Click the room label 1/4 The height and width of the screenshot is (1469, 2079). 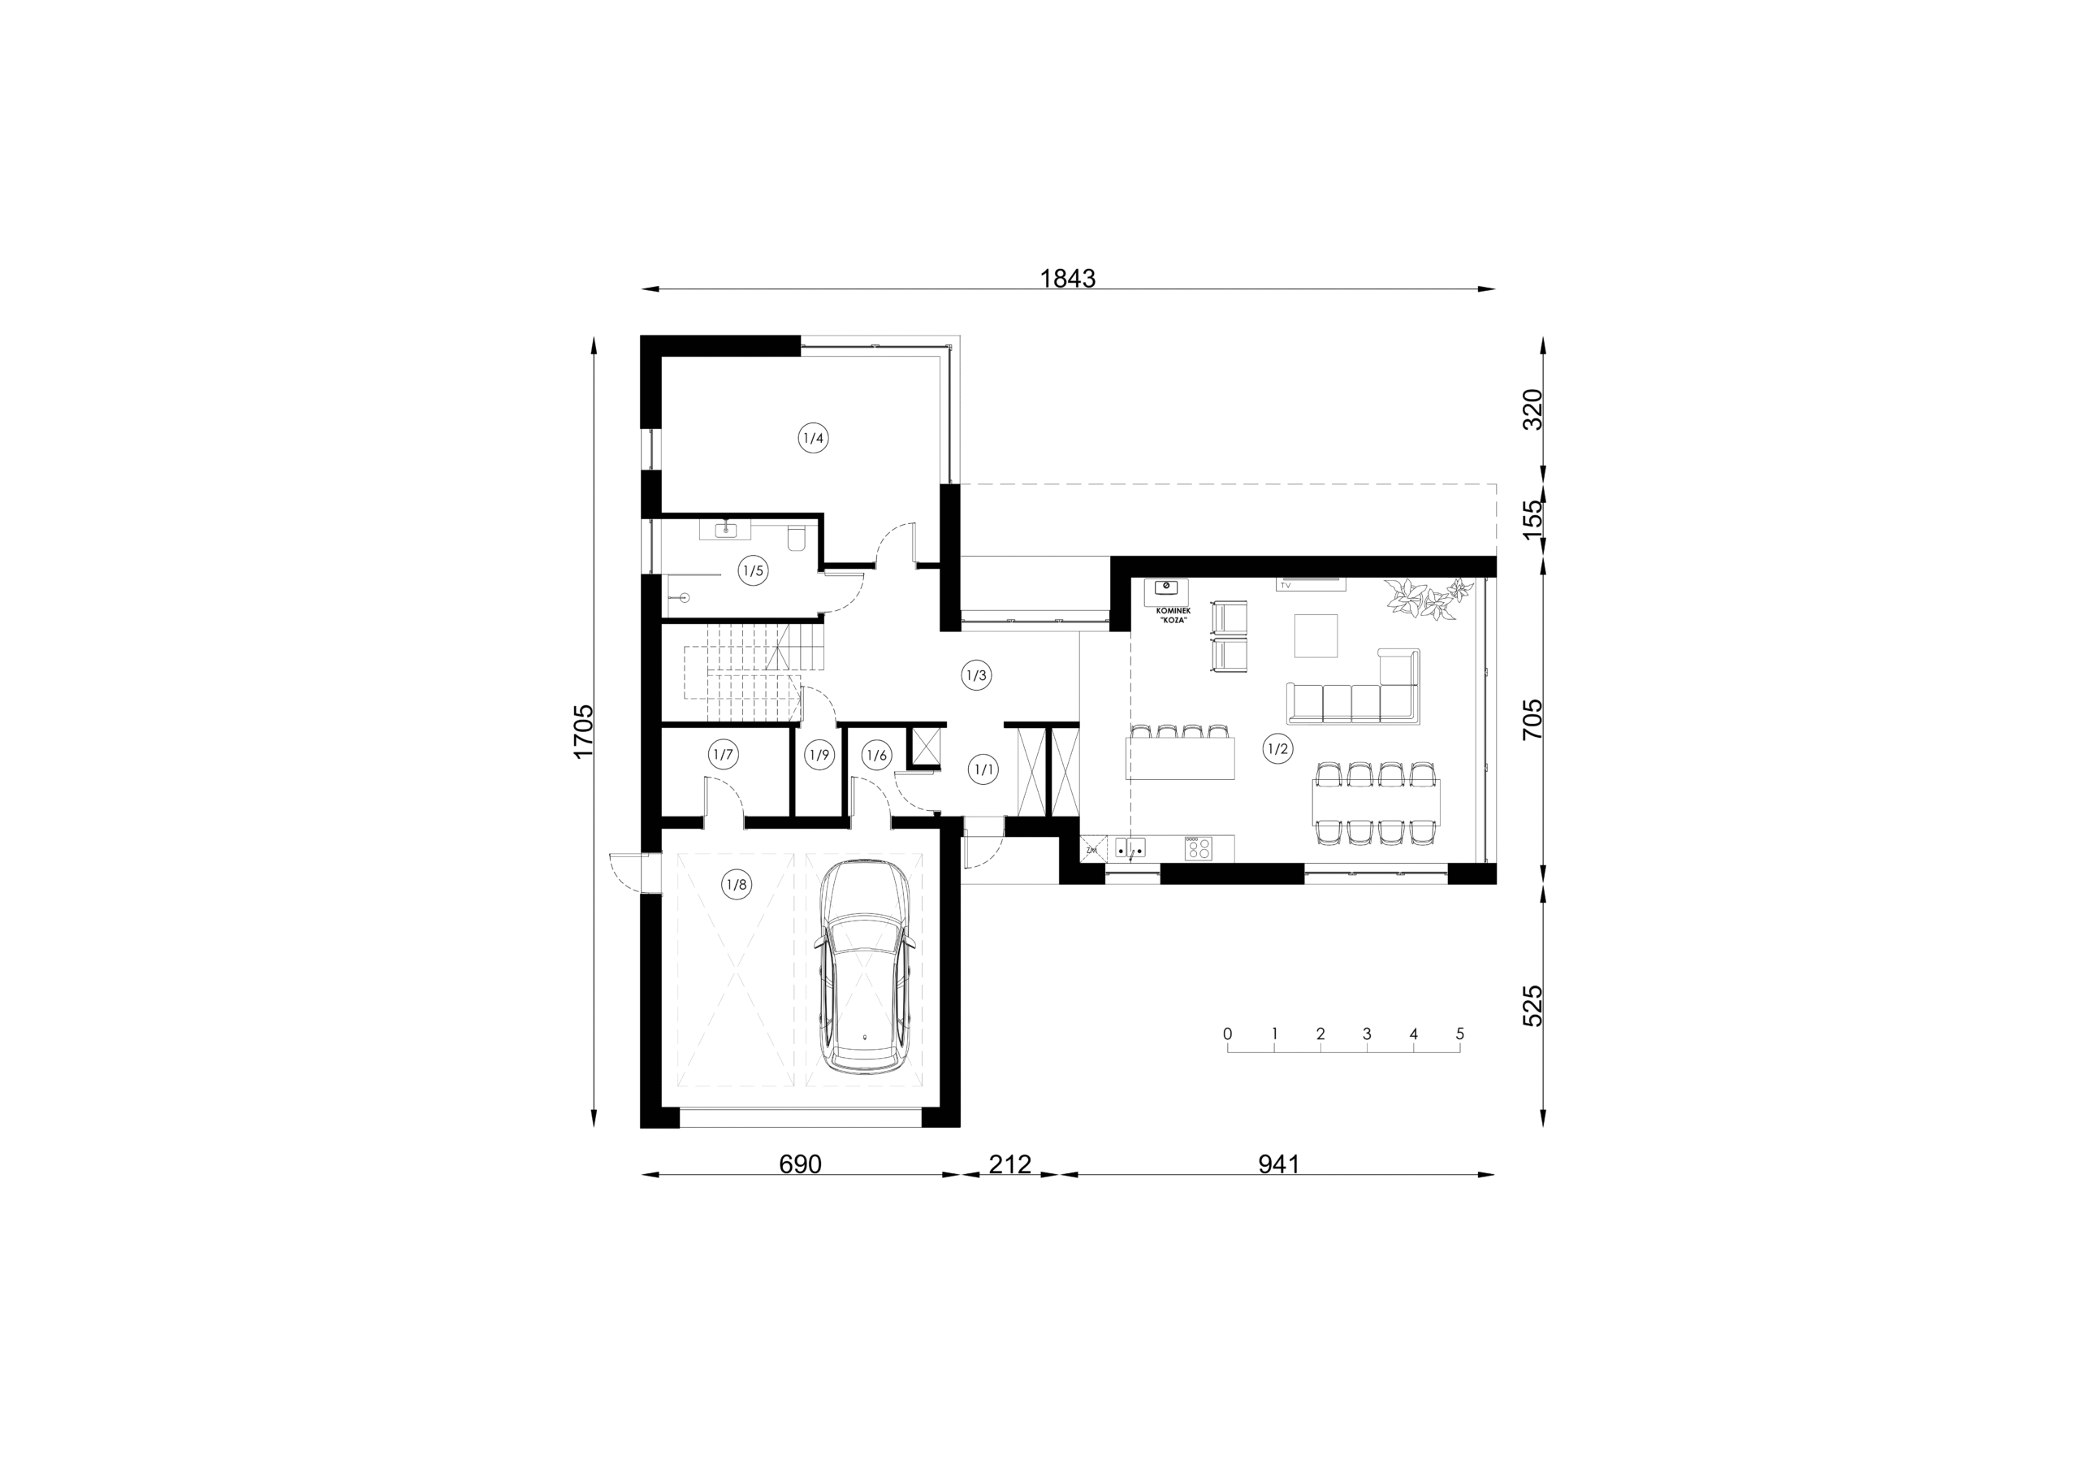813,439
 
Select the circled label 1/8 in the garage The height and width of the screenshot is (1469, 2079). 736,884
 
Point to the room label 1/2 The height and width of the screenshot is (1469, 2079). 1277,749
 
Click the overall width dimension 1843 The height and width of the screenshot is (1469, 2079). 1068,278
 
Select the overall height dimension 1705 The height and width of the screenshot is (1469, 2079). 583,731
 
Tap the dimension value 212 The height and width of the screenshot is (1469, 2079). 1009,1163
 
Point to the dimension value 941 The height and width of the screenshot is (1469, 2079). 1278,1163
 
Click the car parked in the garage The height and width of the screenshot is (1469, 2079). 865,966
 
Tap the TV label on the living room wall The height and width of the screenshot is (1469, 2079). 1285,586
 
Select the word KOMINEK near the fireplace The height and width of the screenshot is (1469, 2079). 1173,611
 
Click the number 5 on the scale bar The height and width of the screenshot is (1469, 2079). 1459,1033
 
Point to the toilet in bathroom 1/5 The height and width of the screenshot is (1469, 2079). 797,539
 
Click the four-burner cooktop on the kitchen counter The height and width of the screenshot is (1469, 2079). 1198,848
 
